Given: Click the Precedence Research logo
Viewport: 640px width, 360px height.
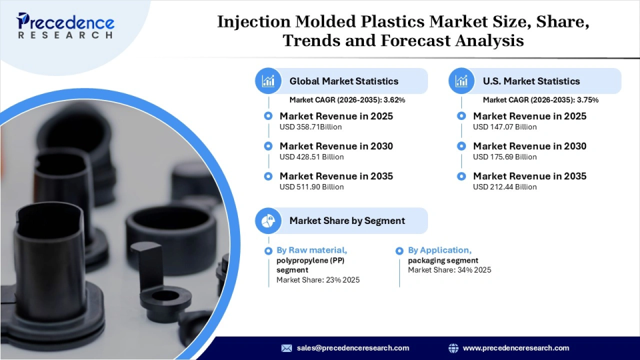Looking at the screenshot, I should tap(66, 26).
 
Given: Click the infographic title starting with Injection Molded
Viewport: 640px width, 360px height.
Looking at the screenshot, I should tap(403, 31).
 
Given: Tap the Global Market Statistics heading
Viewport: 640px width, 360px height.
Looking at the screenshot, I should tap(343, 81).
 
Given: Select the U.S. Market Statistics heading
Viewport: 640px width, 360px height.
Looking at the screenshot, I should tap(531, 81).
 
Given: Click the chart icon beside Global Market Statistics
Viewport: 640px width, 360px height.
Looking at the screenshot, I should tap(268, 81).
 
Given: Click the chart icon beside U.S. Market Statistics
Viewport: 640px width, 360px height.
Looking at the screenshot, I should tap(461, 81).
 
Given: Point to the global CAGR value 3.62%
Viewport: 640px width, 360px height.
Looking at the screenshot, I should tap(393, 100).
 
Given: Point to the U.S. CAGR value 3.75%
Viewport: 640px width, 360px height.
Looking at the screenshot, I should tap(587, 100).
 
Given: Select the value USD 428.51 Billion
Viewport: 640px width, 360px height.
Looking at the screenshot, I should tap(311, 157).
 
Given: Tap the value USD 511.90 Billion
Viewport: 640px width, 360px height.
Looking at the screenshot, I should tap(311, 187).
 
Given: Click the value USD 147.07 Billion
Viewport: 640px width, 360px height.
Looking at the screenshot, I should tap(505, 127).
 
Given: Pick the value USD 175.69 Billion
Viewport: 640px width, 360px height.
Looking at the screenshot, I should tap(505, 157).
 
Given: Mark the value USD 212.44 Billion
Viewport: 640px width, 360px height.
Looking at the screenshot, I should tap(505, 187).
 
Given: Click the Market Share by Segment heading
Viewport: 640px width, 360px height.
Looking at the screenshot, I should tap(347, 221).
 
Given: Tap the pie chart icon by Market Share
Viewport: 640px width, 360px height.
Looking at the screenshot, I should tap(268, 221).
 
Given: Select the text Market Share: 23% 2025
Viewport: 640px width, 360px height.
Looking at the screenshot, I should tap(318, 280).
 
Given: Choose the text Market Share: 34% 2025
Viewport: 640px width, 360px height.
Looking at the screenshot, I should tap(449, 270).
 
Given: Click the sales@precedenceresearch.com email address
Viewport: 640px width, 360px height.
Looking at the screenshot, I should tap(353, 348).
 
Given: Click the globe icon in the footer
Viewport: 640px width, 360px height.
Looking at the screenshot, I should tap(453, 348).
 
